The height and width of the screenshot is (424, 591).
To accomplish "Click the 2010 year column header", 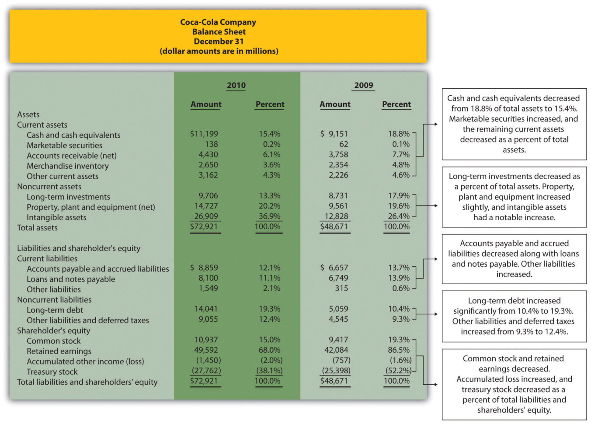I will coord(236,85).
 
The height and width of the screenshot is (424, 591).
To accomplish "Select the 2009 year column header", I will coord(364,85).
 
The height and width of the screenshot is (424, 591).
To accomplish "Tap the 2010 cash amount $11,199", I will coord(204,134).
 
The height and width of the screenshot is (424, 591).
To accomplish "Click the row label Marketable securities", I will coord(64,145).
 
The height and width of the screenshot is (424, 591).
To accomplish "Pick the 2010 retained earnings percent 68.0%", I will coord(270,350).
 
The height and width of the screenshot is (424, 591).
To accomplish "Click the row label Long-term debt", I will coord(55,310).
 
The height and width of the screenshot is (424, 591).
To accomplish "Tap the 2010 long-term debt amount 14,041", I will coord(206,309).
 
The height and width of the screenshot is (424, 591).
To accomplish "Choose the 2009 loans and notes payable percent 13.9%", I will coord(399,278).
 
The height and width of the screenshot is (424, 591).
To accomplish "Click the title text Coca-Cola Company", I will coord(218,22).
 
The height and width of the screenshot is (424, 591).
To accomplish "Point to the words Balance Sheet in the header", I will coord(219,31).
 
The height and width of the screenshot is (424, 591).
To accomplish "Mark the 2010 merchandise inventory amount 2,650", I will coord(208,165).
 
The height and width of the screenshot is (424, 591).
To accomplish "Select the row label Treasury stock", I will coord(52,372).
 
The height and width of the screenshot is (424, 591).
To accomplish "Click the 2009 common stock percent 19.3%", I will coord(399,340).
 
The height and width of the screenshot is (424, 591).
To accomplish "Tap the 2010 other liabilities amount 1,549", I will coord(208,288).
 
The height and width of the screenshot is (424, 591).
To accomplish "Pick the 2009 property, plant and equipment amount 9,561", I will coord(338,206).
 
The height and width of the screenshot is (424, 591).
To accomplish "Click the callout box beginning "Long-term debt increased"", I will coord(514,316).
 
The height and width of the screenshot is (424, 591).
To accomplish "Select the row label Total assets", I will coord(37,227).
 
